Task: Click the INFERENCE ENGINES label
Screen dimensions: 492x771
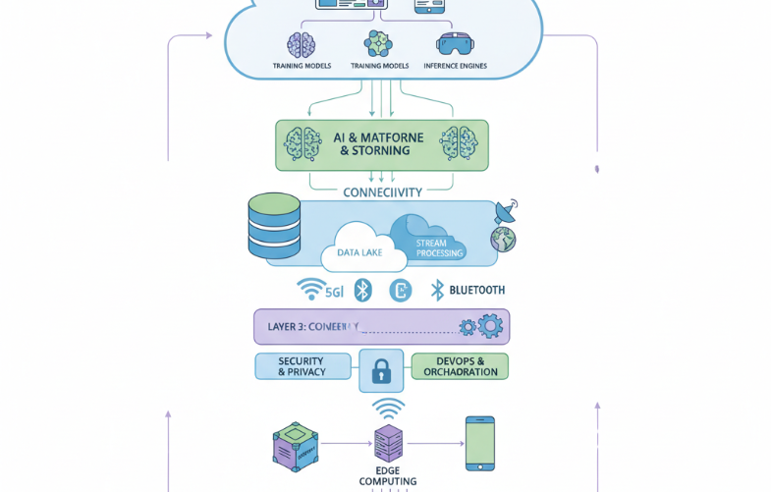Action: tap(455, 66)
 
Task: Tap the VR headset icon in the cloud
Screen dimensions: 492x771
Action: tap(455, 43)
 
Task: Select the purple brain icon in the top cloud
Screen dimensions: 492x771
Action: tap(301, 44)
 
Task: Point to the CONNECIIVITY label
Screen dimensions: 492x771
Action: tap(382, 192)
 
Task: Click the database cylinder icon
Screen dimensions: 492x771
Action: tap(274, 228)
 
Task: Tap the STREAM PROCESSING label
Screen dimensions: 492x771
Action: tap(431, 247)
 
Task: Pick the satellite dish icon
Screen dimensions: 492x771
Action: tap(506, 211)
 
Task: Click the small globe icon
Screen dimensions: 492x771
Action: tap(503, 239)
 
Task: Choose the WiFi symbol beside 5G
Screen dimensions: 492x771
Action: tap(311, 289)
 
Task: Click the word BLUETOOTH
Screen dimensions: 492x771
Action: tap(476, 290)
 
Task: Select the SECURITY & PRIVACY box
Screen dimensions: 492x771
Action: tap(303, 366)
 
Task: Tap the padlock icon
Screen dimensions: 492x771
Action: tap(381, 371)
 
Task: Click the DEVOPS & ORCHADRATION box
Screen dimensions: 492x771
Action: tap(460, 366)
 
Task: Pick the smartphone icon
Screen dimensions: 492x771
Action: tap(479, 443)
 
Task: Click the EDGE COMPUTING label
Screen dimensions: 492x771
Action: tap(388, 475)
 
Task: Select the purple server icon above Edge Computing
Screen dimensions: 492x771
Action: tap(389, 444)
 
